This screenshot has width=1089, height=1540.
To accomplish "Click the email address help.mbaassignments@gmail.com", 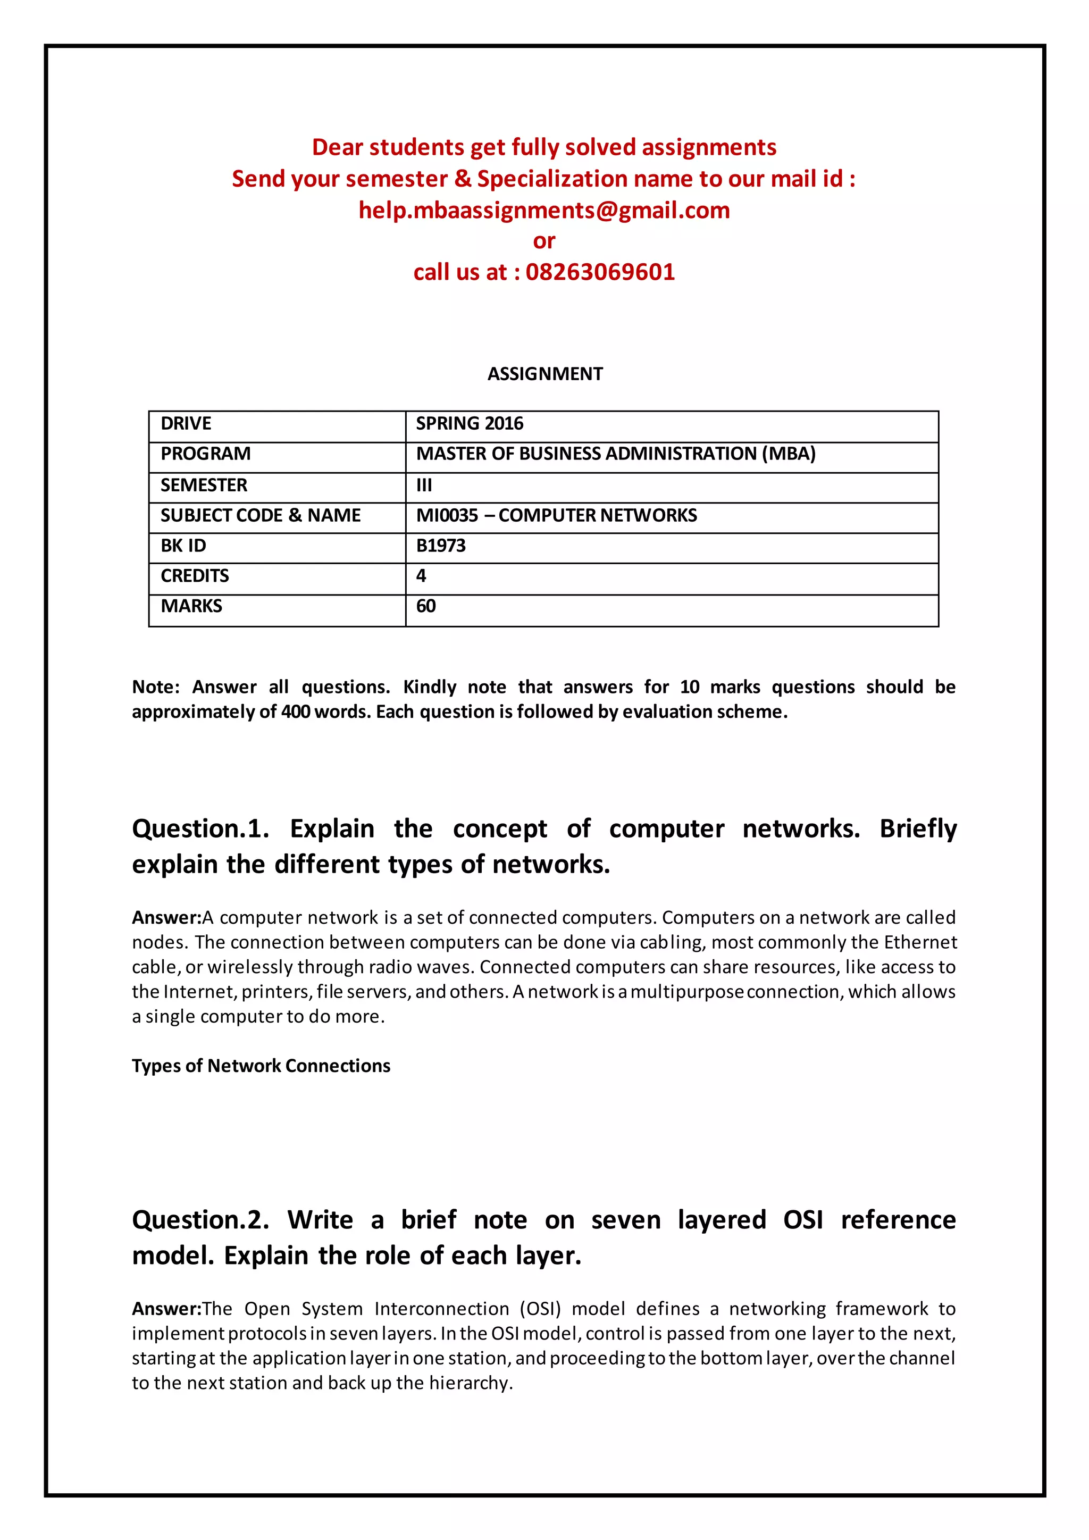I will tap(544, 211).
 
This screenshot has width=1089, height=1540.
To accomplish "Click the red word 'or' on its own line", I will tap(544, 241).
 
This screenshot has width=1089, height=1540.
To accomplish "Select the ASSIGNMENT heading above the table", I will tap(544, 374).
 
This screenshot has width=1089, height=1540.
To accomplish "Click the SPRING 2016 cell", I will tap(470, 424).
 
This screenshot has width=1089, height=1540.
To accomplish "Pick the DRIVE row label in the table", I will tap(186, 424).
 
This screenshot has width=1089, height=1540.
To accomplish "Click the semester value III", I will tap(424, 485).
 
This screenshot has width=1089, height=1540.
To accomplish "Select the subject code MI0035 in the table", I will tap(447, 516).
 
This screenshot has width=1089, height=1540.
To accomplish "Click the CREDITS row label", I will tap(195, 576).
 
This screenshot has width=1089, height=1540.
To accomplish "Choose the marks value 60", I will tap(426, 606).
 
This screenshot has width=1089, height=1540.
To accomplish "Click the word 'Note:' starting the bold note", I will tap(156, 687).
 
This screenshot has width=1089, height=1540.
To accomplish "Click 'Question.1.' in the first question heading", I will tap(200, 829).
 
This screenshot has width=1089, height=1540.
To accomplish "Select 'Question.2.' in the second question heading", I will tap(200, 1220).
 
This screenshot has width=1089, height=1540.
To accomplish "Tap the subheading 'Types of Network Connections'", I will tap(261, 1066).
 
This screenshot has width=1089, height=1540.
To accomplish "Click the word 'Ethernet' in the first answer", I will tap(920, 942).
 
